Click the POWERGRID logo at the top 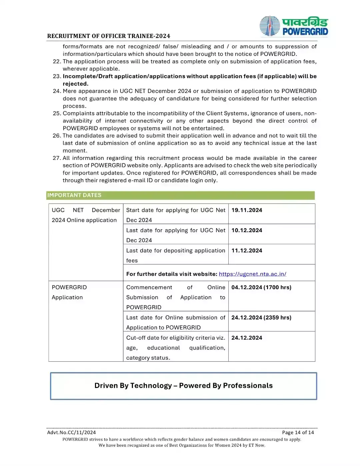(294, 26)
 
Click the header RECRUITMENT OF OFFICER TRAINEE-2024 (109, 36)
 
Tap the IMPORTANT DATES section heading (74, 195)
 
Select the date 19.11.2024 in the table (247, 210)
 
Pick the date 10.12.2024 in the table (247, 230)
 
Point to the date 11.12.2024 (247, 250)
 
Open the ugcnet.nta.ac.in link (252, 274)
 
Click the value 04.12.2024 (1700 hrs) (261, 287)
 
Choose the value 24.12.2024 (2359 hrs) (261, 317)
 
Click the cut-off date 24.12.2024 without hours (247, 338)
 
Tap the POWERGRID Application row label (69, 292)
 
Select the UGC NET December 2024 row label (85, 215)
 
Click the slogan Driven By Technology (183, 386)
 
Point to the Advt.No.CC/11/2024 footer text (71, 432)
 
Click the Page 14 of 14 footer (298, 432)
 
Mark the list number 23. (57, 76)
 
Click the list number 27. (57, 158)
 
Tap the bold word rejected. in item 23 (75, 84)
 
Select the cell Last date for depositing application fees (175, 255)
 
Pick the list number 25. (57, 113)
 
